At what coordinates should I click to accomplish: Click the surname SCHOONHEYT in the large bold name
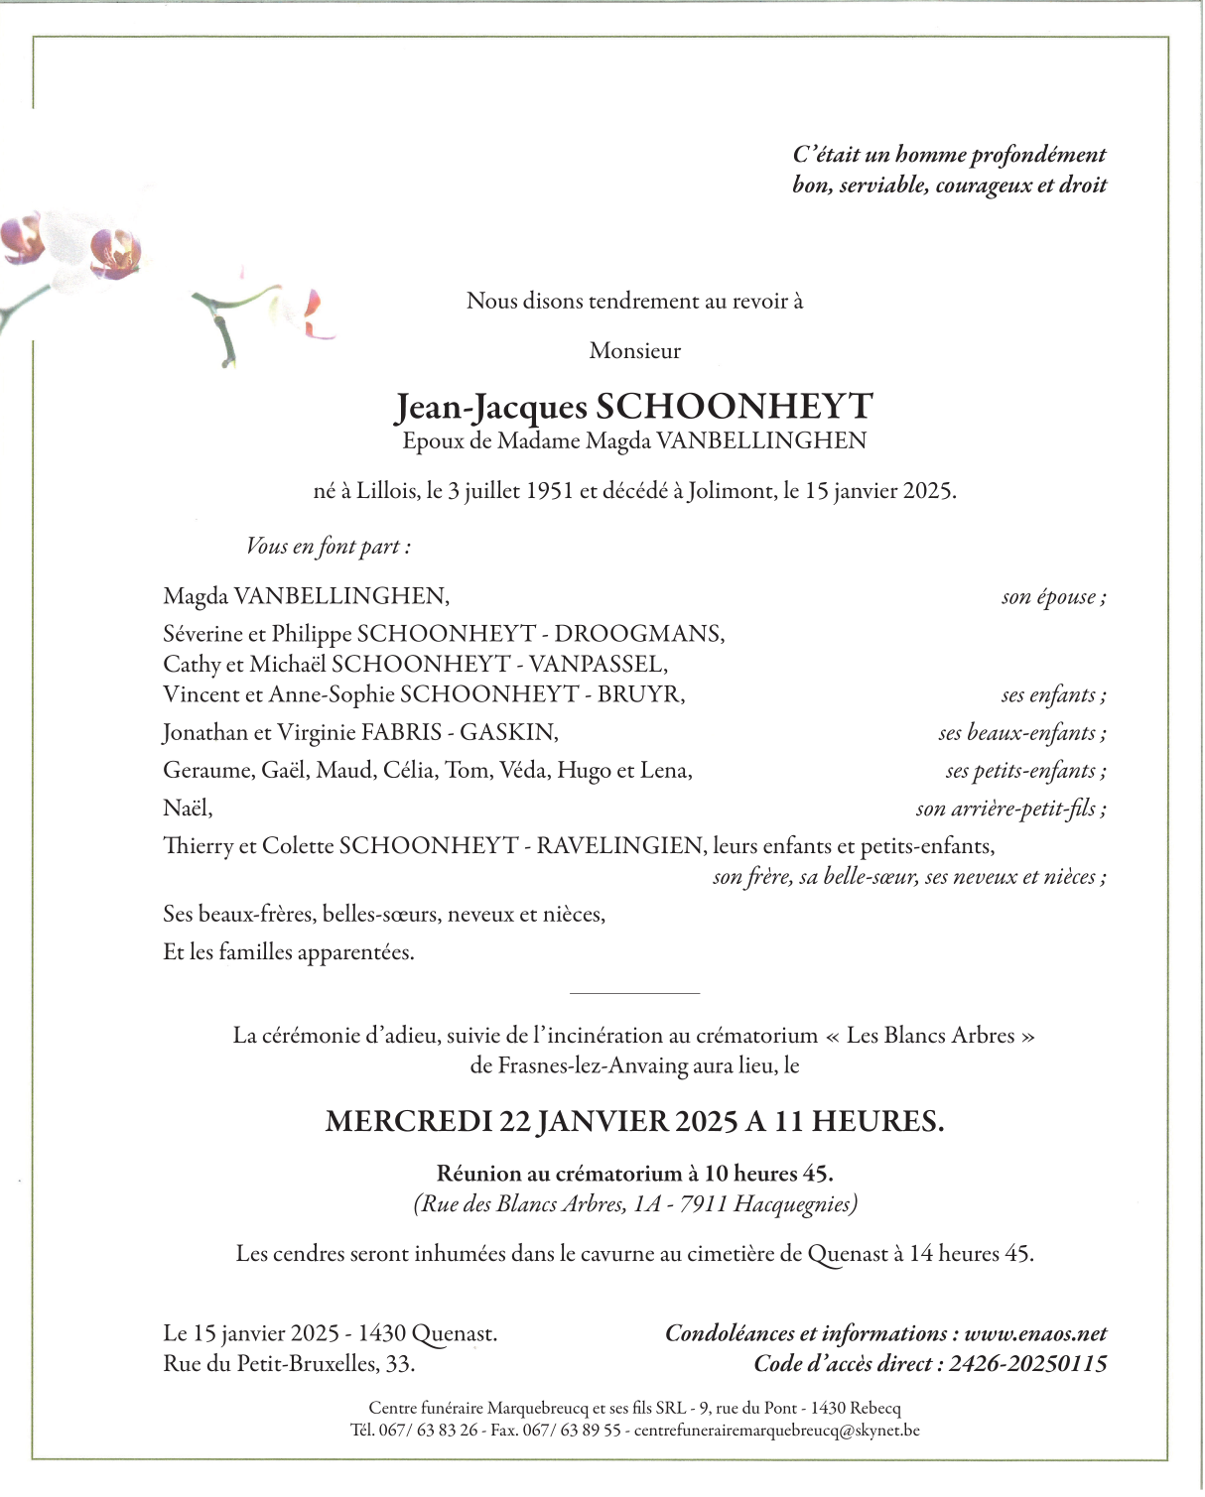pos(734,407)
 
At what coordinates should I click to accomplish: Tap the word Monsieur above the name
pos(635,350)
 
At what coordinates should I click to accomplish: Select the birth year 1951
pos(550,491)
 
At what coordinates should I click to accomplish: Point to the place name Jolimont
pos(732,491)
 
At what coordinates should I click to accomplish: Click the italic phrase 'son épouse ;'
pos(1053,596)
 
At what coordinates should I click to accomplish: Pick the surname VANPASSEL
pos(598,664)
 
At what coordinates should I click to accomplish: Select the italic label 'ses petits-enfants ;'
pos(1025,770)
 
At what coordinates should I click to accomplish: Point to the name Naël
pos(188,809)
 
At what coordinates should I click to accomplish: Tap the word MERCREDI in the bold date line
pos(408,1122)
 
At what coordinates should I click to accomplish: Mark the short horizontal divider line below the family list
pos(634,993)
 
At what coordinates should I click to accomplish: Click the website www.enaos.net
pos(1035,1333)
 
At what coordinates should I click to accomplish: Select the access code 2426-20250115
pos(1027,1364)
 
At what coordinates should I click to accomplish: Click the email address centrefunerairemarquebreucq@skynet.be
pos(776,1431)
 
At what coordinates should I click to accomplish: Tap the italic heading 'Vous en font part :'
pos(329,547)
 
